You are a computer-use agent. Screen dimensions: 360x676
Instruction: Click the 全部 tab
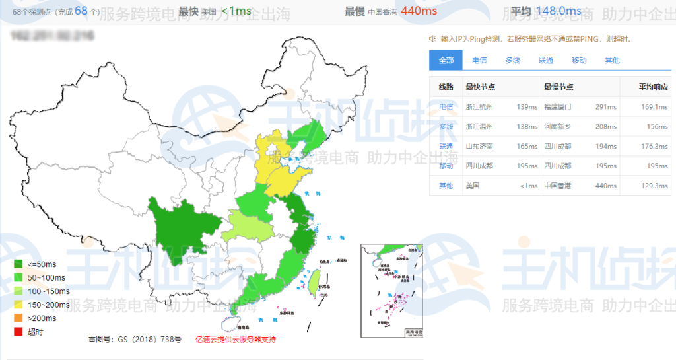point(446,60)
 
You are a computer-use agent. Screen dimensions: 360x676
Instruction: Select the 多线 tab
point(512,60)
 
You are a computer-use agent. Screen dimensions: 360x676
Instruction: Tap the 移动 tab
point(579,60)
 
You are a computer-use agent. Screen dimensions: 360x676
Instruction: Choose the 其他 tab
point(612,60)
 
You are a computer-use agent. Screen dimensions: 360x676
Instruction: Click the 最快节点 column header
point(480,87)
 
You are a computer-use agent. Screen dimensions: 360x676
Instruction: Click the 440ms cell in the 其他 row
point(605,186)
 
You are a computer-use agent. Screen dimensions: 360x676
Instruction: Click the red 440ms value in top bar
point(419,11)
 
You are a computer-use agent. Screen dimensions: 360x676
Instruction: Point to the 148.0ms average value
point(558,11)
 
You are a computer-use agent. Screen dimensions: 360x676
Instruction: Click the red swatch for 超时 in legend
point(18,332)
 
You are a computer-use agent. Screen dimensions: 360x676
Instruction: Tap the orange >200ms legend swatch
point(18,318)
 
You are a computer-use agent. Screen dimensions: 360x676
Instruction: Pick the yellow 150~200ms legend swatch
point(18,305)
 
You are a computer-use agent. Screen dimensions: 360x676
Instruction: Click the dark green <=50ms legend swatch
point(18,264)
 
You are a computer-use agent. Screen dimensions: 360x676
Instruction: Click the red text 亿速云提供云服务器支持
point(235,339)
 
